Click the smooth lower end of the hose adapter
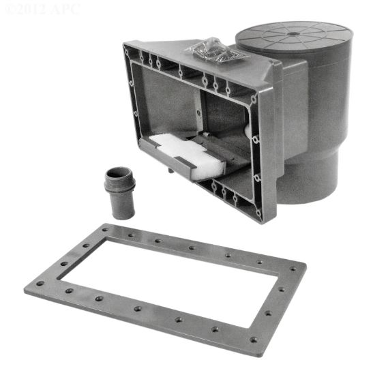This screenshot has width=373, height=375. [x=124, y=209]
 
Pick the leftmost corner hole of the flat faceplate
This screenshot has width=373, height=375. [x=40, y=284]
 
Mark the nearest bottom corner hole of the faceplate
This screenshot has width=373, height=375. [x=253, y=340]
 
